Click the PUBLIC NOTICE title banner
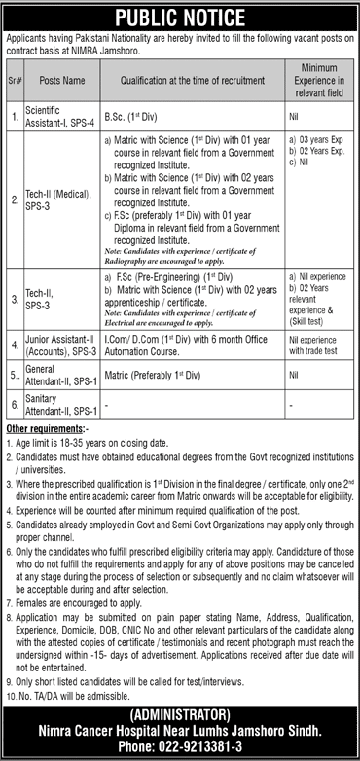click(180, 14)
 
